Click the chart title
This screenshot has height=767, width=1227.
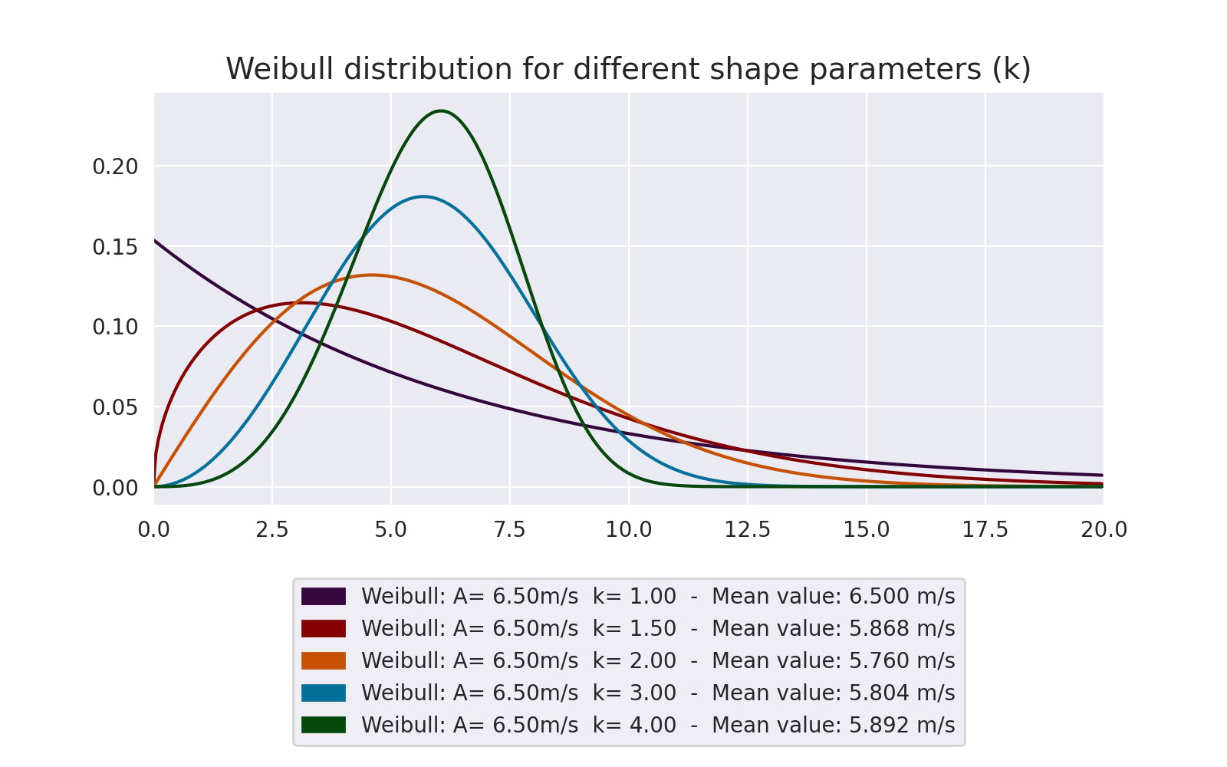(x=628, y=69)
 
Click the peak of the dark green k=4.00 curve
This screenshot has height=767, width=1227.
(x=441, y=110)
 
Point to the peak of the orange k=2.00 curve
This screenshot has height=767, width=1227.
(x=373, y=275)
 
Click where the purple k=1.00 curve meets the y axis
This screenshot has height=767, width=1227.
(x=155, y=240)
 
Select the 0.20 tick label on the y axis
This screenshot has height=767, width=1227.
(x=115, y=166)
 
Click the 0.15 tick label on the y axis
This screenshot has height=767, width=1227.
(x=115, y=247)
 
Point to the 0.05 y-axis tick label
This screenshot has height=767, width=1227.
(x=115, y=407)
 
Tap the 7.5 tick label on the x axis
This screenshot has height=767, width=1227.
(x=509, y=529)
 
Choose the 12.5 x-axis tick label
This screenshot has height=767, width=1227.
(x=747, y=529)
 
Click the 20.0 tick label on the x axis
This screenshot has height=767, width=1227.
(x=1104, y=529)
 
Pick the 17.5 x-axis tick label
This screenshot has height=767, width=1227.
(x=985, y=529)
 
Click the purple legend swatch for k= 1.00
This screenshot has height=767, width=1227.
(x=323, y=596)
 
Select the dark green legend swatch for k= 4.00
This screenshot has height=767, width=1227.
(x=323, y=725)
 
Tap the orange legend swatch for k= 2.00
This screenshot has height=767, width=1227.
(x=323, y=660)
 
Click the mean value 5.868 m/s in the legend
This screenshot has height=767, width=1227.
(x=902, y=628)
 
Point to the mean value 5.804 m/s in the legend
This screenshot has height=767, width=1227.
(x=902, y=693)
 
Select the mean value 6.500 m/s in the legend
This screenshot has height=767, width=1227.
(x=902, y=596)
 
